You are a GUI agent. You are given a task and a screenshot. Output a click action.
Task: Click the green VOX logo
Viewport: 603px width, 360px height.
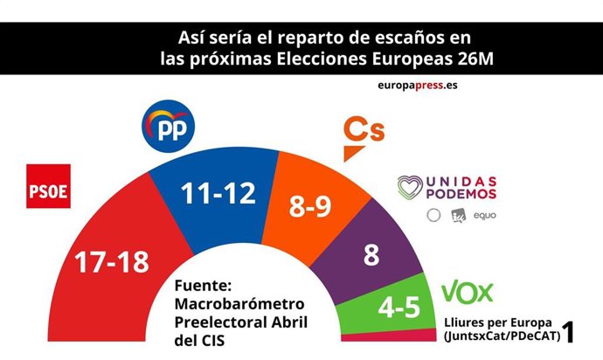click(x=468, y=292)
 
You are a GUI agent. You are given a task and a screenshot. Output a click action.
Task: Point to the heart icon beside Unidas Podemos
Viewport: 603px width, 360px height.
click(x=411, y=187)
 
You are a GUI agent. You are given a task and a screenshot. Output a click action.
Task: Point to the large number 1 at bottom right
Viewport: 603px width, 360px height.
click(x=568, y=331)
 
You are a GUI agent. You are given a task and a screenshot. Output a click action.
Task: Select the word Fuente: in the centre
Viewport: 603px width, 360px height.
click(x=204, y=286)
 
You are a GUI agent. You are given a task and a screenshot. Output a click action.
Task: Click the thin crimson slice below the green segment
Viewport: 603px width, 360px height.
click(x=398, y=335)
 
